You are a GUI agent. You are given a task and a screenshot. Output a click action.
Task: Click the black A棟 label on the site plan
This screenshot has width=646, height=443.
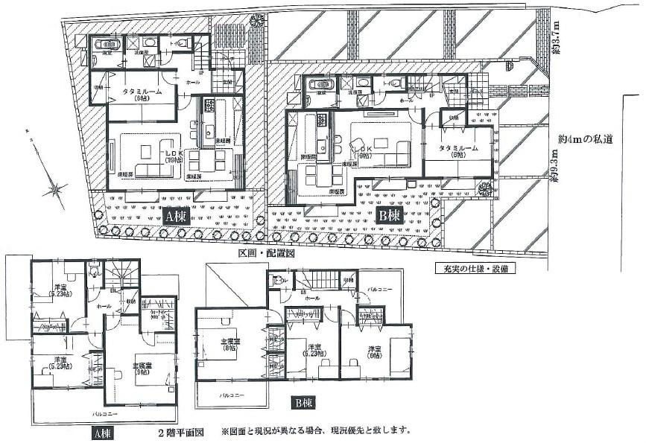pyautogui.click(x=177, y=217)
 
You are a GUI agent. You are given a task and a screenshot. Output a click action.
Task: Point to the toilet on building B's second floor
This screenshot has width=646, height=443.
pyautogui.click(x=278, y=281)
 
